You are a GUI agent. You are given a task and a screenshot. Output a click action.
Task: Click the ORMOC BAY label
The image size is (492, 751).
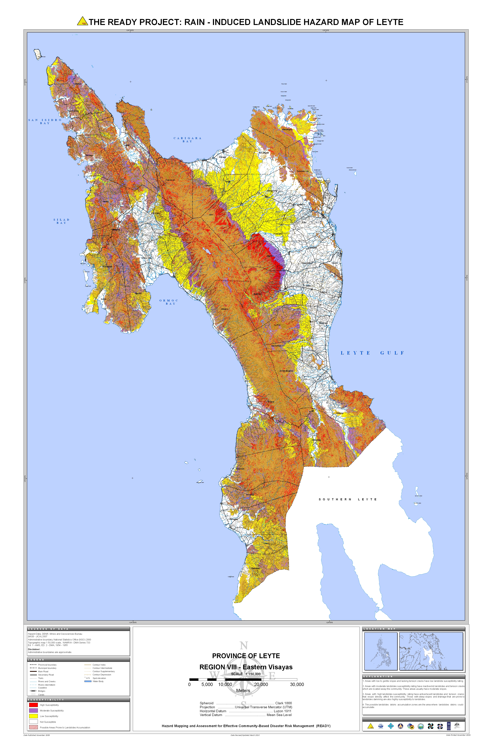[x=169, y=302]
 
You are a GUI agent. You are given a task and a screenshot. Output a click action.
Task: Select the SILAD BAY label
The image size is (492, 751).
[x=61, y=221]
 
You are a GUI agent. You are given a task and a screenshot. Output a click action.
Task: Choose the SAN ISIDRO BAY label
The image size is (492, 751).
[x=45, y=122]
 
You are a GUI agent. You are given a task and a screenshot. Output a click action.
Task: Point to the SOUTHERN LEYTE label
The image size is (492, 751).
[x=347, y=499]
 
